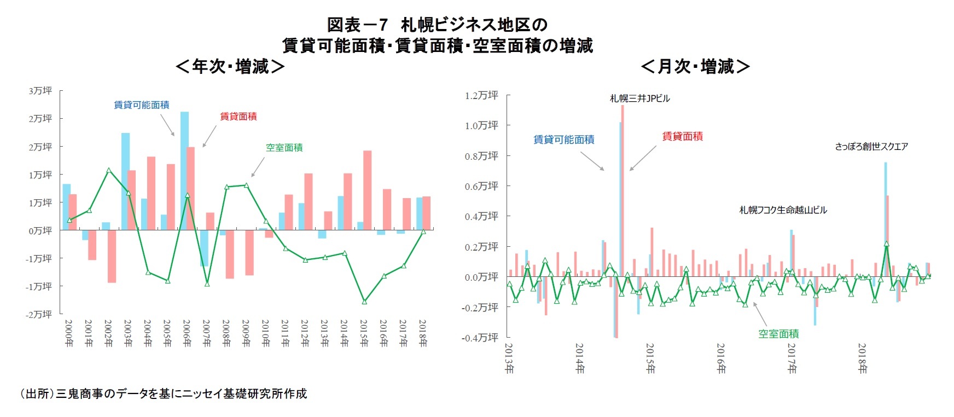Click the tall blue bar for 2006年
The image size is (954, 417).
tap(185, 170)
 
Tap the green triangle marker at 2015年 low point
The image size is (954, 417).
tap(364, 302)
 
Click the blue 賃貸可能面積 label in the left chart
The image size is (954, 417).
tap(141, 105)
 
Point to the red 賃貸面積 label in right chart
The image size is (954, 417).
tap(682, 136)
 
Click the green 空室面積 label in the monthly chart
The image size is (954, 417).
tap(778, 333)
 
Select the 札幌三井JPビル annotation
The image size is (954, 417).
tap(639, 99)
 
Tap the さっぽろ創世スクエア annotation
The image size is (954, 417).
tap(871, 147)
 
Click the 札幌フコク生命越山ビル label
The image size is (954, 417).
tap(783, 210)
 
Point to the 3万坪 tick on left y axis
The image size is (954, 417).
tap(40, 91)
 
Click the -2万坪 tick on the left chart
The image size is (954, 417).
tap(39, 314)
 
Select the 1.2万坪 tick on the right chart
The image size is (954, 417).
tap(481, 96)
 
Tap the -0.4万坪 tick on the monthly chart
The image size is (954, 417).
tap(480, 338)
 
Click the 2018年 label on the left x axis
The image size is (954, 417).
tap(422, 333)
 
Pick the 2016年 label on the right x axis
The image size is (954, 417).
tap(721, 358)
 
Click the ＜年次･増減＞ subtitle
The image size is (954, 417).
tap(230, 67)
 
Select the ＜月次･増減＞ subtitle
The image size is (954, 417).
tap(695, 67)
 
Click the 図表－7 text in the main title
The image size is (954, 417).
tap(357, 25)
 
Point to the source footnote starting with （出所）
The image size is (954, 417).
tap(164, 393)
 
